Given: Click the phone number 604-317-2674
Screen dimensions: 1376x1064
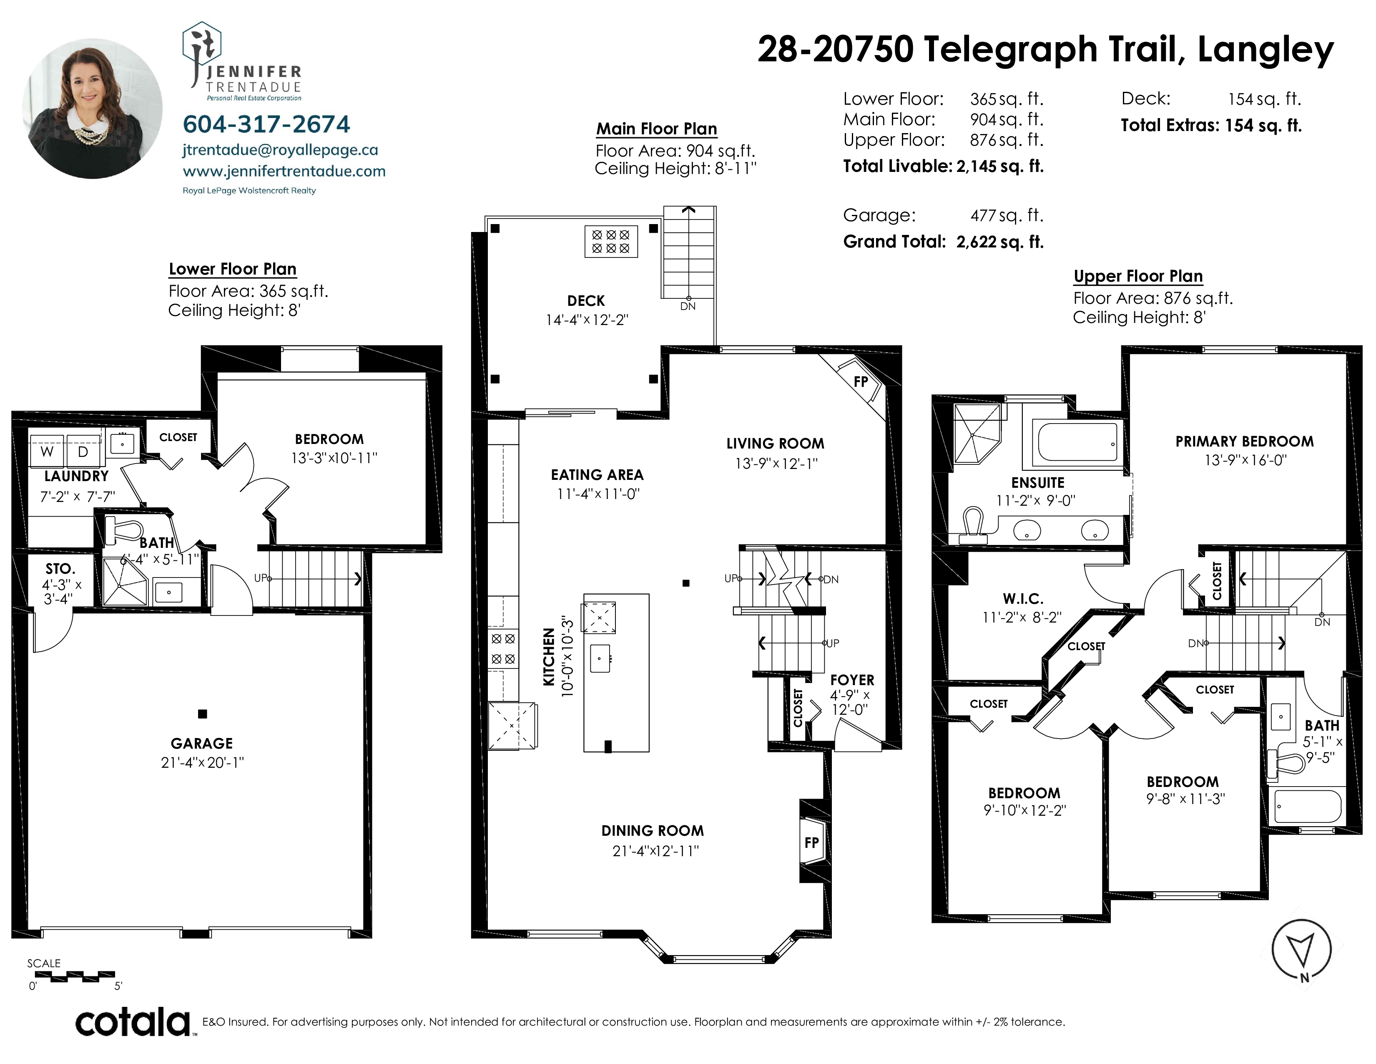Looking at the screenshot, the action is pos(266,124).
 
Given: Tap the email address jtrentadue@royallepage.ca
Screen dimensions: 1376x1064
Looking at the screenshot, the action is pos(280,150).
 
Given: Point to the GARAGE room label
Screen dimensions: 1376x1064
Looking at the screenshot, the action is pos(202,743).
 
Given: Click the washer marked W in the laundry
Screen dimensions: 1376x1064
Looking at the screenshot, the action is pos(47,451).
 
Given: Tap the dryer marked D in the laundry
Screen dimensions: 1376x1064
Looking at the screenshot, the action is pos(83,451).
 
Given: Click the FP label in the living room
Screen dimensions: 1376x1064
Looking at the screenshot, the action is pos(861,381).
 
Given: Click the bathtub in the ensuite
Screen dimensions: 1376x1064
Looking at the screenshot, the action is pos(1077,442).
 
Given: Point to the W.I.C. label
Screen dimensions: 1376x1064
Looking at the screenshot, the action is pos(1023,598).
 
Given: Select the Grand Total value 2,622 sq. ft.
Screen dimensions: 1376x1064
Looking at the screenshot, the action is pos(1000,242).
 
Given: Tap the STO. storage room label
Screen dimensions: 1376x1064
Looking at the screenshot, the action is pos(60,569).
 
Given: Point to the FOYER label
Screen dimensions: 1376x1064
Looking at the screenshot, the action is pos(852,680).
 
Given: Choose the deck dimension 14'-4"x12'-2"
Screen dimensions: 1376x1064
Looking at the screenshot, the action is pos(587,320).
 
